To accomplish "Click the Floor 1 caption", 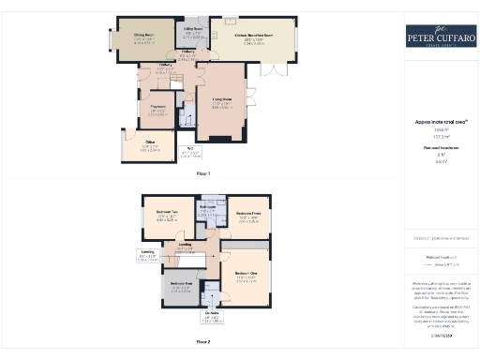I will tap(203, 173).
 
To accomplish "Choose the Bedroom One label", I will tap(246, 278).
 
